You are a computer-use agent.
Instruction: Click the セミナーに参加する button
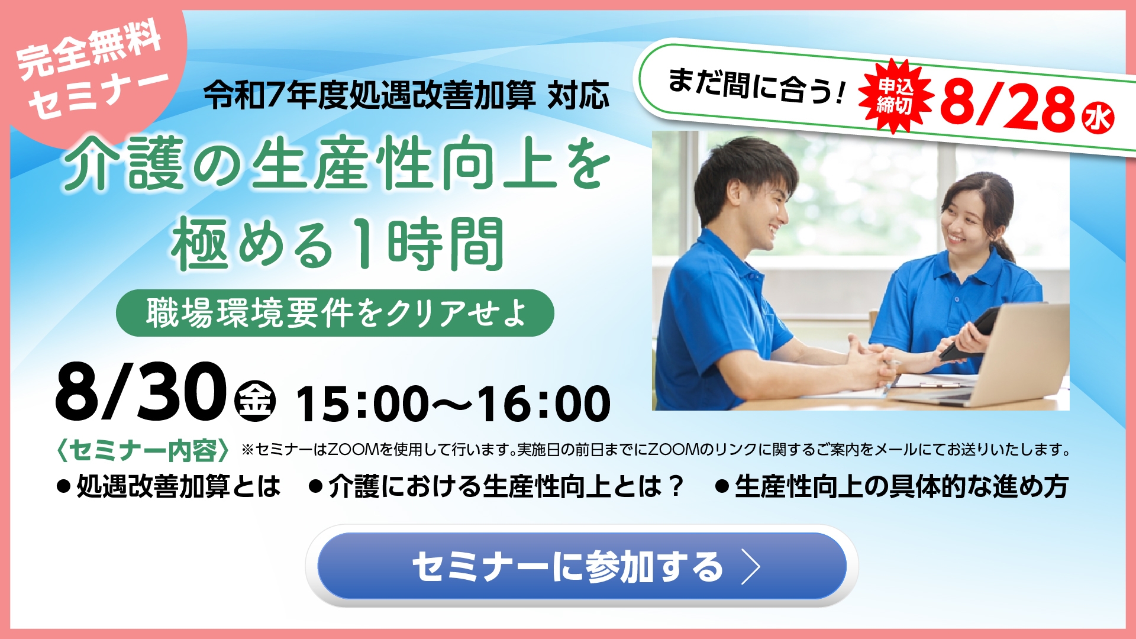(581, 566)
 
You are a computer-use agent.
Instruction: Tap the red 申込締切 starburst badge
(895, 96)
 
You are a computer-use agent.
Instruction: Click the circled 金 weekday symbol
(256, 401)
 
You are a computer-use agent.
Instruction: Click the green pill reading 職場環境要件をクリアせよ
(335, 313)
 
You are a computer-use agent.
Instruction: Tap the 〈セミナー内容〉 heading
(143, 451)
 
